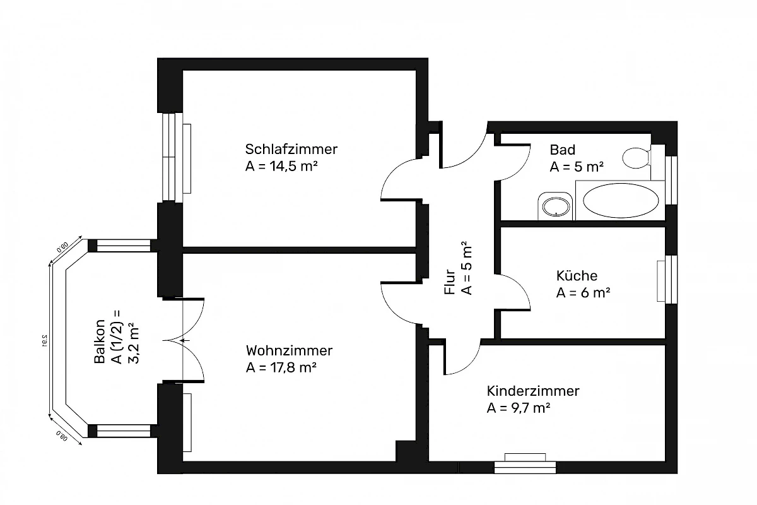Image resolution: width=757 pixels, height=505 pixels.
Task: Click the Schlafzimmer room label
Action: point(291,150)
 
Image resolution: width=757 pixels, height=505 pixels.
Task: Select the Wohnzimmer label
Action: point(289,350)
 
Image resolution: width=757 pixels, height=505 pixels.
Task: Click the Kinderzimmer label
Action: point(532,391)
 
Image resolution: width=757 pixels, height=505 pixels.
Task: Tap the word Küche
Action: point(577,276)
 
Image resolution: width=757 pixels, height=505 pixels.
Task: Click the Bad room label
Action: point(562,150)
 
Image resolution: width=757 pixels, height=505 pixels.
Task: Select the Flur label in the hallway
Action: point(450,282)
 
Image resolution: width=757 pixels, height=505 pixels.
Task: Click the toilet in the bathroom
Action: point(636,157)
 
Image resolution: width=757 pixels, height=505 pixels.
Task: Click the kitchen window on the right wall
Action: point(671,279)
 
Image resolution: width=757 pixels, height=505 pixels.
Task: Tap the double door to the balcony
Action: point(183,340)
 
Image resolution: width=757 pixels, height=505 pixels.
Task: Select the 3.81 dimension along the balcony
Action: point(44,340)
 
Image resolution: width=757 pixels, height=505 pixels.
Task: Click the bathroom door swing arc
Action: point(514,161)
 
